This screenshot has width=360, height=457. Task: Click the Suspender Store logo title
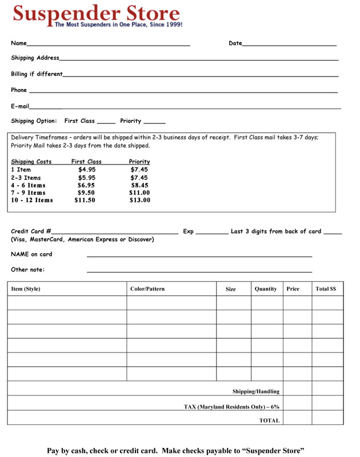[96, 13]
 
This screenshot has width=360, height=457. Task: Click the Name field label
[18, 43]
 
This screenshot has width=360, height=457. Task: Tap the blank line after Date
[289, 44]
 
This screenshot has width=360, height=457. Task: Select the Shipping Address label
[35, 58]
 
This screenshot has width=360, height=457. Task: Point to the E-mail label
[20, 106]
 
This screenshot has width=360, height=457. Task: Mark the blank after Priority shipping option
[154, 122]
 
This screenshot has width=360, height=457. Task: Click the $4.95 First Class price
[87, 170]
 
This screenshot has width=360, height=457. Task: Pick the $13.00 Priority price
[140, 201]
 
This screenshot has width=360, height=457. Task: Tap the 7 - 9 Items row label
[29, 193]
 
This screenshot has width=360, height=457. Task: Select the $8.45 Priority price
[139, 185]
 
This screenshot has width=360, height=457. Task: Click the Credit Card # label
[31, 231]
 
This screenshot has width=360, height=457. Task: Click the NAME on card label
[31, 254]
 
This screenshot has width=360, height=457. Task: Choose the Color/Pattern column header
[147, 289]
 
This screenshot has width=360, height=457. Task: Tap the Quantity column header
[266, 289]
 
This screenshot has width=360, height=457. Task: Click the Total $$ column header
[326, 289]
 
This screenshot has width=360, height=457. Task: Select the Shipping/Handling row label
[256, 391]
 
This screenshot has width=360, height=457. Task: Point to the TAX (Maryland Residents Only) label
[231, 406]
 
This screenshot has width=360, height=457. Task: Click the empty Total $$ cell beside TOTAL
[327, 420]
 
